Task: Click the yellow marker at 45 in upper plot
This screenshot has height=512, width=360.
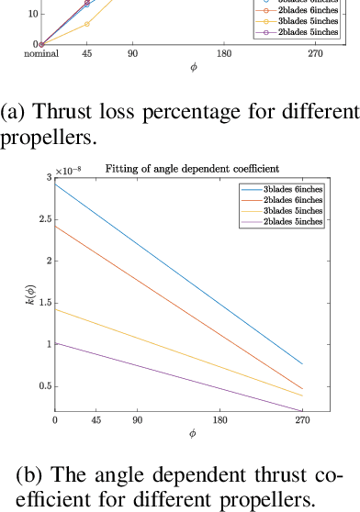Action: point(86,24)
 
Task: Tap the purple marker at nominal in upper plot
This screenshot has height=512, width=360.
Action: point(41,43)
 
